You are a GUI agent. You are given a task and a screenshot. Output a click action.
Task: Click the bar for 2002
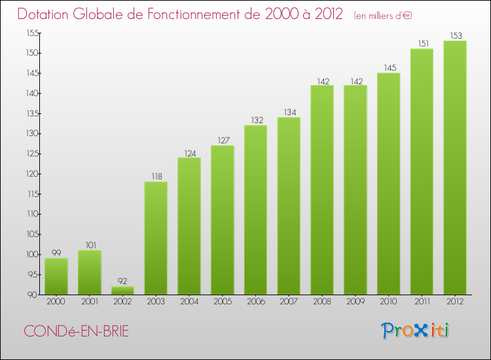[x=122, y=290]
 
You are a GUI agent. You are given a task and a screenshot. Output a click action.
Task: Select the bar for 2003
[x=156, y=238]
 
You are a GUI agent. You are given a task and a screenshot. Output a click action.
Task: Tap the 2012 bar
[x=454, y=168]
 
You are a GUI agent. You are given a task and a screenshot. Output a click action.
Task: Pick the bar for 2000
[x=56, y=276]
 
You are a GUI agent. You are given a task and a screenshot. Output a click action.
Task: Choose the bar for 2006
[x=255, y=209]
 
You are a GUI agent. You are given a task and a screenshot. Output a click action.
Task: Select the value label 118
[x=156, y=177]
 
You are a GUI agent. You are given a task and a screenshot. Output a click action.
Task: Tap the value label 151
[x=422, y=44]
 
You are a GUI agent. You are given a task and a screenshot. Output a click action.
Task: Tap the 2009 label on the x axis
[x=355, y=302]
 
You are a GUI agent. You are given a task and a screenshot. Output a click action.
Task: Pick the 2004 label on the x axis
[x=189, y=302]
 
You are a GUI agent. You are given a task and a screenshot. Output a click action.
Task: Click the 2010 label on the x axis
[x=388, y=302]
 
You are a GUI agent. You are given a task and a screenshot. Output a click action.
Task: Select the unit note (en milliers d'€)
[x=383, y=15]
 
